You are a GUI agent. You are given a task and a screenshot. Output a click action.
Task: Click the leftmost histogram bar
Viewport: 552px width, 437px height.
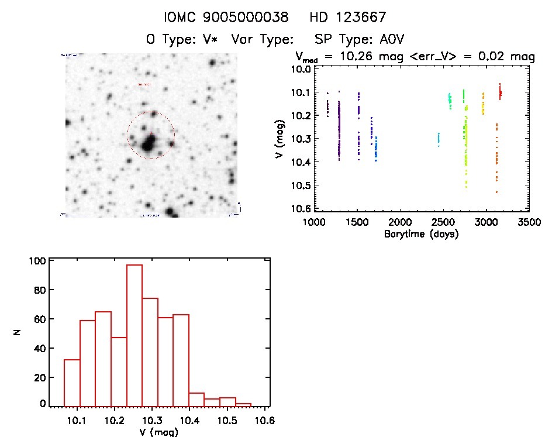[71, 384]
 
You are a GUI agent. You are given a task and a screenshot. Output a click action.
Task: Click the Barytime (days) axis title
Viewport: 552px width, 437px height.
[421, 234]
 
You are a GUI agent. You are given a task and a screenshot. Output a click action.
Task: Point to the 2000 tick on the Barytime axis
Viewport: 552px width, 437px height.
[399, 222]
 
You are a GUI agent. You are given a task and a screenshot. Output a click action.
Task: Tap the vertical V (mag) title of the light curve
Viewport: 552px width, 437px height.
[282, 139]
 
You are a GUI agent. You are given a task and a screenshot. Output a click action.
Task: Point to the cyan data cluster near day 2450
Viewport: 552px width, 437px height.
[439, 139]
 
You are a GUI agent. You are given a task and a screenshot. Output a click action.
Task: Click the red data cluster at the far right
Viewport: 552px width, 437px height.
[500, 92]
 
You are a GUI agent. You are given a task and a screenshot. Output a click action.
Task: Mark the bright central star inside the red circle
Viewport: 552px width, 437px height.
[149, 143]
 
